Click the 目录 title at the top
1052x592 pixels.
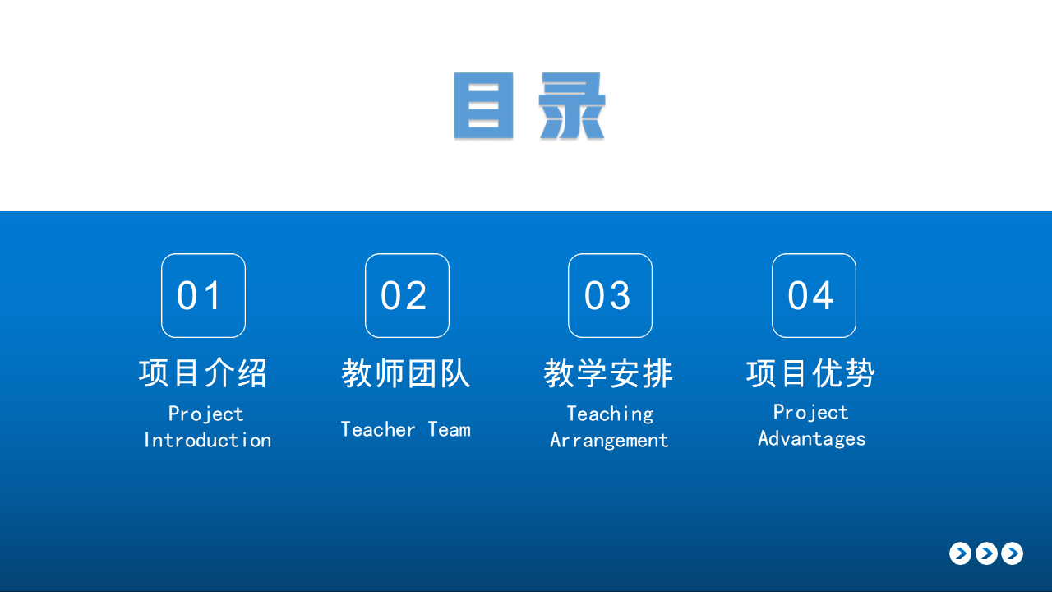530,106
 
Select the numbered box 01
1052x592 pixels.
203,295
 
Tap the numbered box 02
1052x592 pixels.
407,295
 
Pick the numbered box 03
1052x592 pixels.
610,295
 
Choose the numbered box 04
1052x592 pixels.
814,295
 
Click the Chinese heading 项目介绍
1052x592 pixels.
203,373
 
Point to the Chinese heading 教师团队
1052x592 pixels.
406,373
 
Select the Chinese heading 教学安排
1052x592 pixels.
609,373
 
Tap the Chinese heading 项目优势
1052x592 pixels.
811,373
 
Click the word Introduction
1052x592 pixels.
208,440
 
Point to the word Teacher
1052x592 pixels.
378,429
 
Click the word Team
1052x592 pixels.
450,429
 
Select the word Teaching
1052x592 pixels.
610,414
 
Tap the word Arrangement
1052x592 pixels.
609,441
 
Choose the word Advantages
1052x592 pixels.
812,439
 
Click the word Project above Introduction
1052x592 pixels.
206,414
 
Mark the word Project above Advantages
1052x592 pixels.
811,413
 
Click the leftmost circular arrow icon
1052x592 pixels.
961,553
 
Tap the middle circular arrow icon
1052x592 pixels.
987,553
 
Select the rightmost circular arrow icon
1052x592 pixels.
1012,553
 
